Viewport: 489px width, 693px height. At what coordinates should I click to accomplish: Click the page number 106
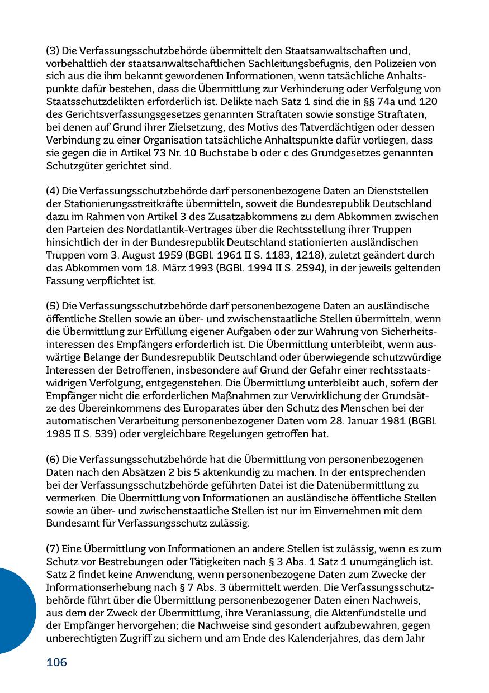[x=56, y=663]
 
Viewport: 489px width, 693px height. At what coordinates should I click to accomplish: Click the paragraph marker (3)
[x=53, y=51]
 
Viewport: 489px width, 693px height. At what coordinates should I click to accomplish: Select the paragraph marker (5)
[x=53, y=306]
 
